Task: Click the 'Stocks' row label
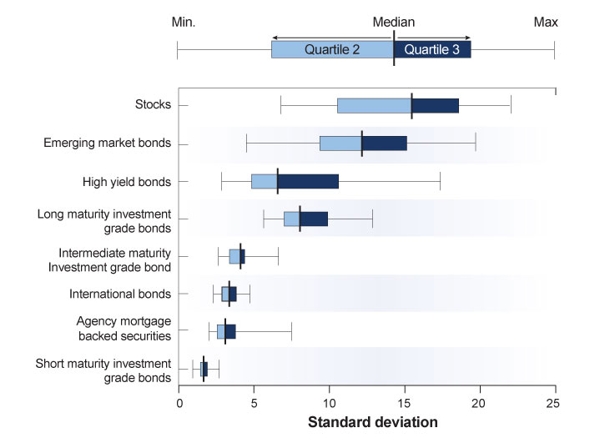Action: (153, 105)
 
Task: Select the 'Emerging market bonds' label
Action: (107, 143)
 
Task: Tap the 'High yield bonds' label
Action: (127, 181)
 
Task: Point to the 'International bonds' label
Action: (120, 294)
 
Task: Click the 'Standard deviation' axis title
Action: (372, 422)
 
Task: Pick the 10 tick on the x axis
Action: (330, 401)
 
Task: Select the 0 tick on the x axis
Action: (179, 401)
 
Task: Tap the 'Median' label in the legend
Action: (393, 22)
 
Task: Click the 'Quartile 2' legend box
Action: (332, 49)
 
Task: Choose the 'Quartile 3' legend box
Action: (431, 49)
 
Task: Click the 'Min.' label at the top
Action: (183, 22)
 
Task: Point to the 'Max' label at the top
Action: (546, 22)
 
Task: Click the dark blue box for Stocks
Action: (435, 106)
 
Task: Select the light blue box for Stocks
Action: (374, 106)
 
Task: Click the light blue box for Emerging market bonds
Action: (340, 143)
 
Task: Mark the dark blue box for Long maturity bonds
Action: (314, 219)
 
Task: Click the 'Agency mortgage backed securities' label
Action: (124, 328)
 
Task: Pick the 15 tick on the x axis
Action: (405, 401)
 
